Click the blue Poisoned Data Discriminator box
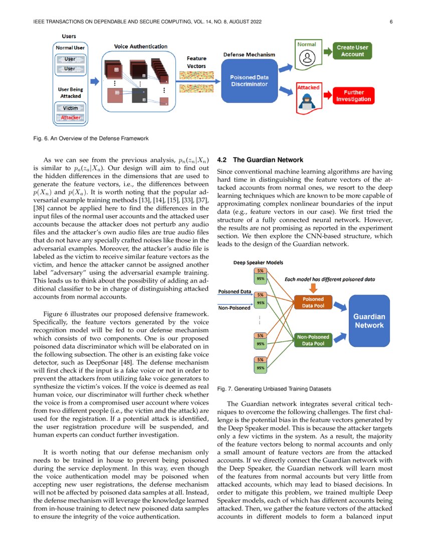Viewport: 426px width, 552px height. (249, 81)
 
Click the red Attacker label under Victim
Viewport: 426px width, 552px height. (71, 117)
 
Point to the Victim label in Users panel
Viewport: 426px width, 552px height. (71, 108)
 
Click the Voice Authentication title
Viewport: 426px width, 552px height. (141, 47)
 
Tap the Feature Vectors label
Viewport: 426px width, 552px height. (196, 62)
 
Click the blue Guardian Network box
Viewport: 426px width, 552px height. (369, 321)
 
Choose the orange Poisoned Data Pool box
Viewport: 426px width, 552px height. (313, 302)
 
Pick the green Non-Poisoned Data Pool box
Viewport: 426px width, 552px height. (313, 340)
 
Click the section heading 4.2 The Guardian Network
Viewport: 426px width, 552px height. (260, 160)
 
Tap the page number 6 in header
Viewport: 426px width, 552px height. (390, 22)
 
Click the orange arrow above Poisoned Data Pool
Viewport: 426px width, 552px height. (313, 288)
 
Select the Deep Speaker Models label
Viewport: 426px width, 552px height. (258, 262)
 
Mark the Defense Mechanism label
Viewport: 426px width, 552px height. (249, 54)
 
